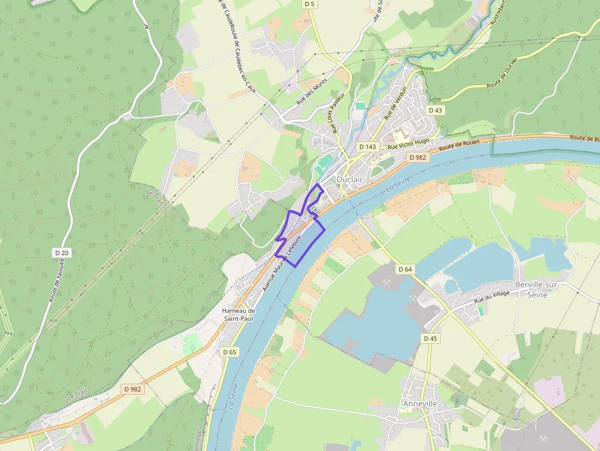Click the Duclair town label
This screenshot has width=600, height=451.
(350, 179)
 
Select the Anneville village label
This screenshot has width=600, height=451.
(419, 404)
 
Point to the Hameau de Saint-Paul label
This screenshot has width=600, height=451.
(239, 315)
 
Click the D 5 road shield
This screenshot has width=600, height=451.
(310, 4)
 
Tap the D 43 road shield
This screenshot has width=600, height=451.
(435, 110)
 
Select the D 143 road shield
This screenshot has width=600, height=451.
(367, 147)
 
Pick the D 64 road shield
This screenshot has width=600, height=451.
(405, 269)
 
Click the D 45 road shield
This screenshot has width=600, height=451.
(430, 338)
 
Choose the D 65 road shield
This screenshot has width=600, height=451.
(230, 352)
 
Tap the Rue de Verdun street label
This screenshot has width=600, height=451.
(396, 103)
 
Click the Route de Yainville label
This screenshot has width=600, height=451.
(56, 280)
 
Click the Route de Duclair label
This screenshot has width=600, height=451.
(502, 73)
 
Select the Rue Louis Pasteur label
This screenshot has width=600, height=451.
(338, 113)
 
